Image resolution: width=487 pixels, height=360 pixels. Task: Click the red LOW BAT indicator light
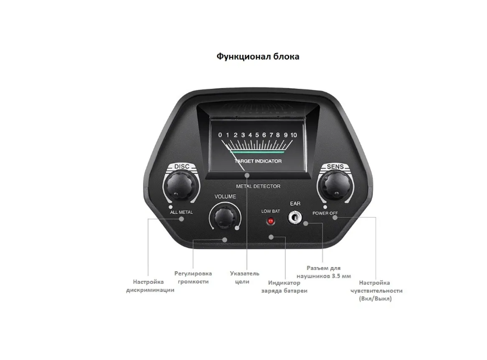point(270,222)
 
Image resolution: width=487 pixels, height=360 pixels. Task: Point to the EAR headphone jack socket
point(294,218)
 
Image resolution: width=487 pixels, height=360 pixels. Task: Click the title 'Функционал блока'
point(258,57)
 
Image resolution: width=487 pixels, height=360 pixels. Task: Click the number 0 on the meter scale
point(220,135)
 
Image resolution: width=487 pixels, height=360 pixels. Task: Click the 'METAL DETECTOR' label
point(258,187)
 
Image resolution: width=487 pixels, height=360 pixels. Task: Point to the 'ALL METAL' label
point(181,212)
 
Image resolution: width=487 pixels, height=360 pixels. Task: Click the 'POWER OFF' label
point(325,213)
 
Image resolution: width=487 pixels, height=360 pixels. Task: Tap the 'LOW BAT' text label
point(271,211)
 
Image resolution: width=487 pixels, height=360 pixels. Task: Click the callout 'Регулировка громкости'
point(193,277)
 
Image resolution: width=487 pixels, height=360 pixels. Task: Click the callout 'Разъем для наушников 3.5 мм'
point(328,272)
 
